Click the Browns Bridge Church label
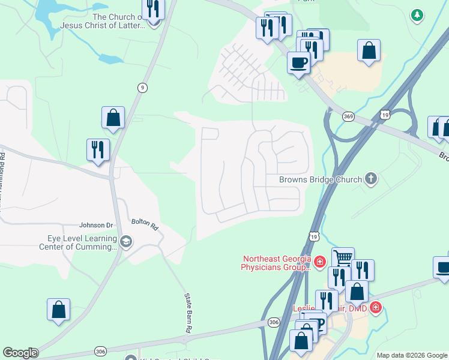pyautogui.click(x=321, y=179)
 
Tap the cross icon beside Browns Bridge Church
pyautogui.click(x=372, y=178)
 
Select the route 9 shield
pyautogui.click(x=142, y=87)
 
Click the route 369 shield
pyautogui.click(x=348, y=116)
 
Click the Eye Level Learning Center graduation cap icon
pyautogui.click(x=126, y=242)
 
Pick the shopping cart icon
pyautogui.click(x=343, y=257)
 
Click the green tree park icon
pyautogui.click(x=417, y=15)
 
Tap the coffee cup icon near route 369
pyautogui.click(x=298, y=61)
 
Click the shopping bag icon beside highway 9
pyautogui.click(x=113, y=118)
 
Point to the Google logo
pyautogui.click(x=19, y=353)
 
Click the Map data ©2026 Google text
pyautogui.click(x=411, y=355)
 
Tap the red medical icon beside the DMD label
pyautogui.click(x=376, y=307)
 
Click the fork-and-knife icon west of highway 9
pyautogui.click(x=98, y=149)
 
